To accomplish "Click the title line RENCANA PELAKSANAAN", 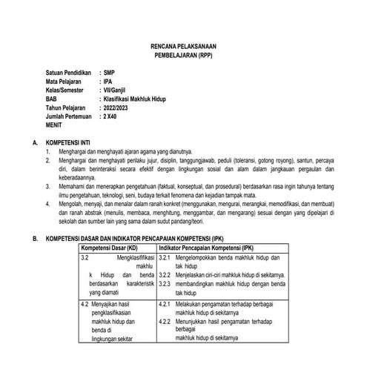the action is [182, 46].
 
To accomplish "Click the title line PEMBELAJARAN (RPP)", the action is [182, 56].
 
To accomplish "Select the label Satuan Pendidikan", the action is [71, 74].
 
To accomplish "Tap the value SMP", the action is [110, 74].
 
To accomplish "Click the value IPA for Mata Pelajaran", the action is [109, 83].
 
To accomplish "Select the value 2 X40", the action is [112, 117].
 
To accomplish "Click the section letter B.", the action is [27, 237].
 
